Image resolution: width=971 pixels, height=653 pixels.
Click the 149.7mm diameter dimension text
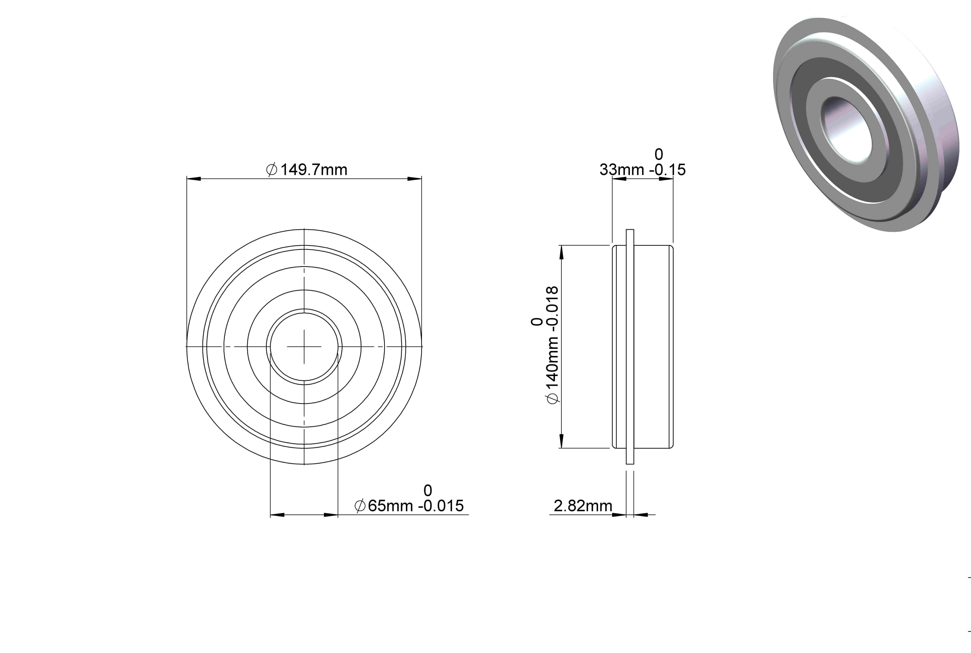pos(313,170)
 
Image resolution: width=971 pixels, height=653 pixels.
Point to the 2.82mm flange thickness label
pos(583,506)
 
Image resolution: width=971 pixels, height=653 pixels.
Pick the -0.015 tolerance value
pos(441,506)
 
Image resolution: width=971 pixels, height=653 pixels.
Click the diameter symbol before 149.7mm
pos(272,170)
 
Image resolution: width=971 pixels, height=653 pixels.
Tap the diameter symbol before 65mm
pos(360,506)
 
